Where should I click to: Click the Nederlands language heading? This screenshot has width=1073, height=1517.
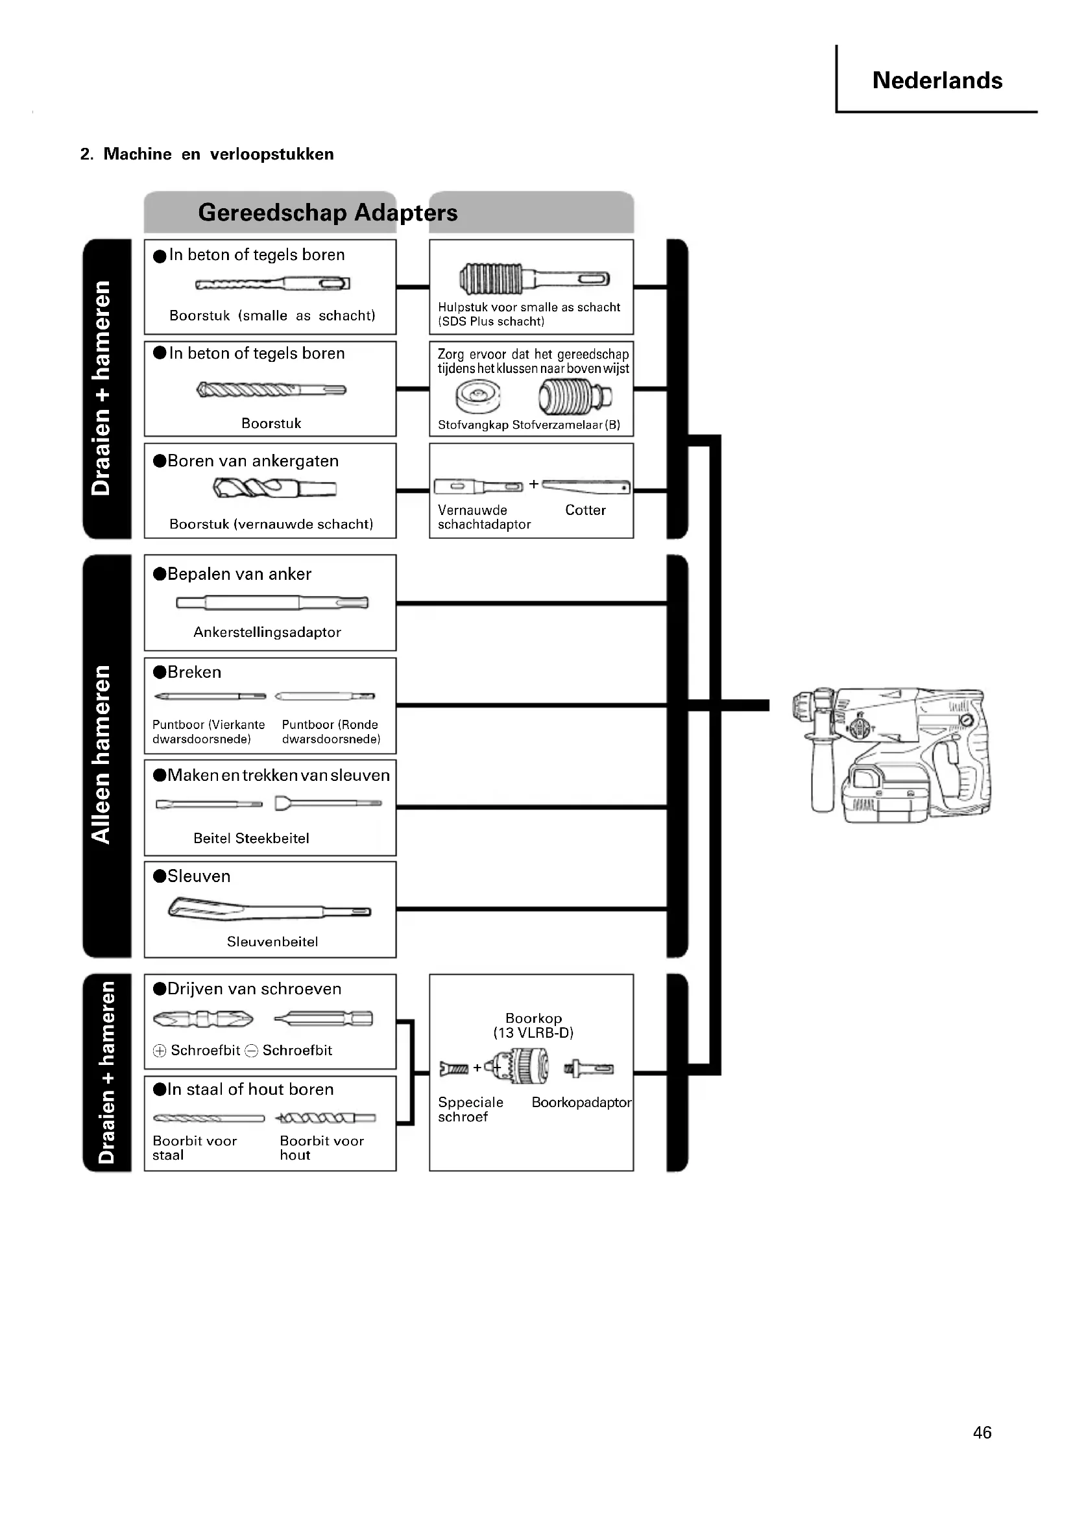[936, 80]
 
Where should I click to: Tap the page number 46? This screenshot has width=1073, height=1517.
[982, 1432]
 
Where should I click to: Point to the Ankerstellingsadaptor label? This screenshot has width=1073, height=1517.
[267, 632]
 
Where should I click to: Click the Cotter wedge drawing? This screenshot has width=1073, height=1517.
[585, 487]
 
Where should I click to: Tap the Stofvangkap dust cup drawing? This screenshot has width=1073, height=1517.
[477, 397]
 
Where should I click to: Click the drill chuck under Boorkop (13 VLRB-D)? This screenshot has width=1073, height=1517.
[522, 1066]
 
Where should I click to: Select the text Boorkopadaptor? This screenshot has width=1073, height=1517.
[581, 1102]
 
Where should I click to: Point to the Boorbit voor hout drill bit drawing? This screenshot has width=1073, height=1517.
[326, 1118]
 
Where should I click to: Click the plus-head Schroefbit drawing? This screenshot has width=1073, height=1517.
[203, 1019]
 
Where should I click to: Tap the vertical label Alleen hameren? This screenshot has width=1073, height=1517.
[101, 754]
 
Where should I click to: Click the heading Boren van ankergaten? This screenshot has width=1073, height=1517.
[252, 461]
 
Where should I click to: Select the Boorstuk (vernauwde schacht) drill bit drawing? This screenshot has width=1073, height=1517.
[274, 489]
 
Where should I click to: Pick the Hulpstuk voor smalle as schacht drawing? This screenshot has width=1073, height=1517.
[534, 279]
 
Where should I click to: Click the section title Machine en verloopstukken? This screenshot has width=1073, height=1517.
[218, 154]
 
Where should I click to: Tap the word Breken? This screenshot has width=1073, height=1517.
[193, 672]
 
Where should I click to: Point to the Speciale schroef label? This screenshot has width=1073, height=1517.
[470, 1109]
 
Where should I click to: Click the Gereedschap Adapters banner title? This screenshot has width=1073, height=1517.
[328, 213]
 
